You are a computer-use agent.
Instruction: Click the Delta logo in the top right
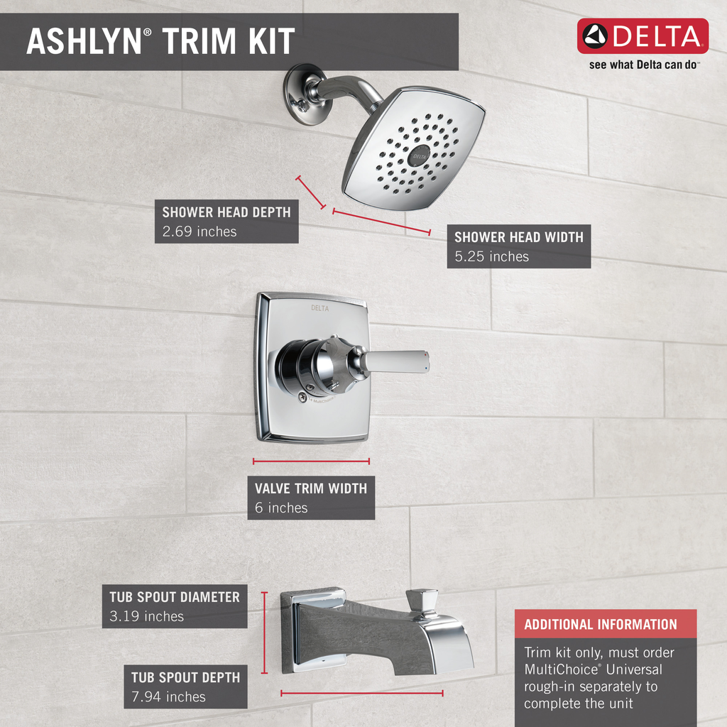[x=643, y=36]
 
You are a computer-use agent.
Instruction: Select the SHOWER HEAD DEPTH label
[x=226, y=212]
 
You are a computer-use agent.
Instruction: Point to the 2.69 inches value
[x=199, y=231]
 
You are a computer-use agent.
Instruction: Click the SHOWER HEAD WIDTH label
[x=518, y=237]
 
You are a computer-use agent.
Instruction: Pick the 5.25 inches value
[x=491, y=256]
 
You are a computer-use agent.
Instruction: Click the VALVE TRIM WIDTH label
[x=311, y=488]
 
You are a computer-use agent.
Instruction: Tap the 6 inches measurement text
[x=281, y=508]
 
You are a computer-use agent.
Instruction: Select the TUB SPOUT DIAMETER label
[x=175, y=597]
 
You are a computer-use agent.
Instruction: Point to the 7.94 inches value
[x=168, y=697]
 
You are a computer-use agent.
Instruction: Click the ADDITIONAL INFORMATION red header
[x=601, y=625]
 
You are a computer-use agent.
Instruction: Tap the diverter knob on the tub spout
[x=422, y=602]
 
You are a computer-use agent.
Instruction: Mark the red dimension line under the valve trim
[x=311, y=461]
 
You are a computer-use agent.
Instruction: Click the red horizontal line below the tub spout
[x=362, y=693]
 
